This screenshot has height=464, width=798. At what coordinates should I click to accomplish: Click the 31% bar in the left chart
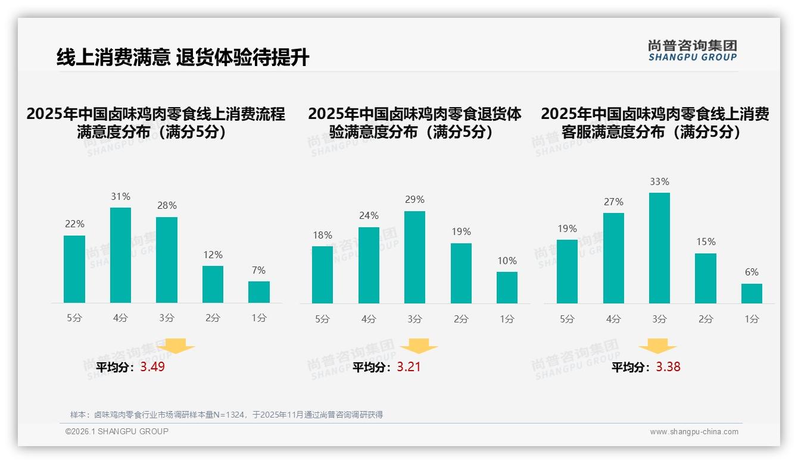coord(121,255)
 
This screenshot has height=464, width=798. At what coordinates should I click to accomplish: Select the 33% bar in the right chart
coord(659,248)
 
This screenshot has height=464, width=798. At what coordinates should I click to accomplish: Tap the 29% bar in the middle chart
coord(414,257)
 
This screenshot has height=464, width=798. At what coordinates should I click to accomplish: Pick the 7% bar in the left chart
coord(259,292)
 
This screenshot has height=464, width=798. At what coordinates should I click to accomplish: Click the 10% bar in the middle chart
coord(507,288)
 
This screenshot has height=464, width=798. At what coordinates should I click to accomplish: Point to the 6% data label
coord(752,272)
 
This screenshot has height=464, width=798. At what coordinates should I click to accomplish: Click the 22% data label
coord(74,224)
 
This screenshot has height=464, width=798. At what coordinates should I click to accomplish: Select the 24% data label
coord(369,216)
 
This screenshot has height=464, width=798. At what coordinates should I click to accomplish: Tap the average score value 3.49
coord(152,367)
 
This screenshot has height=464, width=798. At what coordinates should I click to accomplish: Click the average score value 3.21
coord(409,367)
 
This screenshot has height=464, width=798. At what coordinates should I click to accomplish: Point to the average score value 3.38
coord(668,367)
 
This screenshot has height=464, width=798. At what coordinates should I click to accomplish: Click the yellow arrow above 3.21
coord(419,346)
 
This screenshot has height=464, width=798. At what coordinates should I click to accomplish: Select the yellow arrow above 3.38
coord(657,346)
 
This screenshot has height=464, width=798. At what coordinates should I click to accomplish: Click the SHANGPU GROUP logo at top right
coord(692,51)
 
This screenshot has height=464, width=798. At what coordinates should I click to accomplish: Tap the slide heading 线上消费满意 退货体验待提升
coord(183,58)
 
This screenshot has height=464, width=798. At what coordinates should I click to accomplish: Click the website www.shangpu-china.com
coord(694,432)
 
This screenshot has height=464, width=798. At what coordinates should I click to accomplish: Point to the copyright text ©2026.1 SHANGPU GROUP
coord(117,431)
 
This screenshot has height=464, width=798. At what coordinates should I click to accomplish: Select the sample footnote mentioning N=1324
coord(226,415)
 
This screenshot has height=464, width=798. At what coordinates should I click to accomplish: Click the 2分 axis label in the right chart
coord(705,319)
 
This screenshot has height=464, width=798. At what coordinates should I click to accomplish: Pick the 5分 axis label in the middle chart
coord(322,319)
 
